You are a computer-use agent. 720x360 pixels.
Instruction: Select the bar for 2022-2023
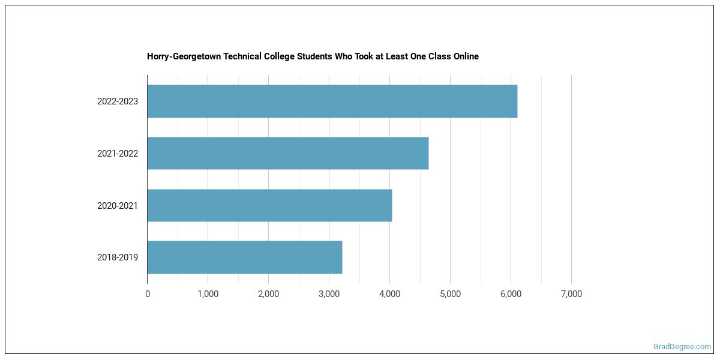tap(332, 101)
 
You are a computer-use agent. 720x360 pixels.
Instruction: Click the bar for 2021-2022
tap(287, 153)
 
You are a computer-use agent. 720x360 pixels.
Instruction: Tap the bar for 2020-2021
tap(269, 205)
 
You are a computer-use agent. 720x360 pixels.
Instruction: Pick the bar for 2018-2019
tap(244, 257)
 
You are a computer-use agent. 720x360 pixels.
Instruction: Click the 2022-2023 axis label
tap(118, 101)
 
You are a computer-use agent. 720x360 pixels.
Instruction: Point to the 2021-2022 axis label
tap(118, 154)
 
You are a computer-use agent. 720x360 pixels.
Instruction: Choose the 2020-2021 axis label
tap(118, 206)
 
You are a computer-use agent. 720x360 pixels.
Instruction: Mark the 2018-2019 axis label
tap(118, 257)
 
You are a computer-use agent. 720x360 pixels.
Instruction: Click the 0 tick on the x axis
tap(148, 294)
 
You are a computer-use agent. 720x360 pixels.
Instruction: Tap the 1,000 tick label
tap(208, 294)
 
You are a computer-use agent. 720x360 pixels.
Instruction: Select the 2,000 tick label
tap(268, 294)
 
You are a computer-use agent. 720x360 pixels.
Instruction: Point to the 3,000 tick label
tap(329, 294)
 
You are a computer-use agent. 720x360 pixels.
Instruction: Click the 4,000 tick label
tap(389, 294)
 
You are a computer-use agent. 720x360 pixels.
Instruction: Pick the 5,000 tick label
tap(450, 294)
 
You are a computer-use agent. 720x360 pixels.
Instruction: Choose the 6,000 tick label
tap(511, 294)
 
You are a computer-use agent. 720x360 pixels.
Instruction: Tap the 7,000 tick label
tap(571, 294)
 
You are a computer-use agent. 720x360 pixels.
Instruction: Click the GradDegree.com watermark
tap(682, 347)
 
